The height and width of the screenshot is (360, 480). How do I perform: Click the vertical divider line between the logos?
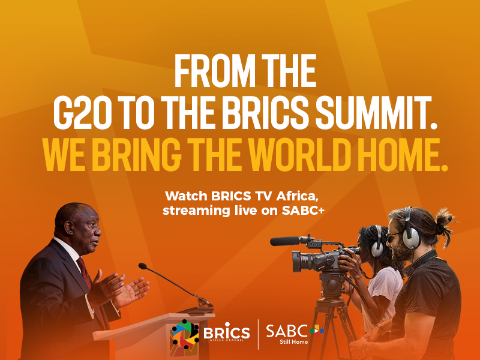258,334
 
